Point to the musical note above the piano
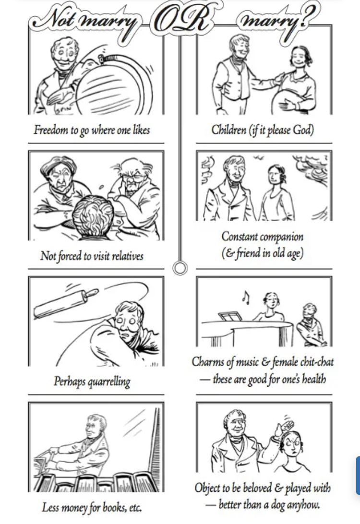246,298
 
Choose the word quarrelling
108,381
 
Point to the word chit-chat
317,362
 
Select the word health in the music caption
314,379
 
